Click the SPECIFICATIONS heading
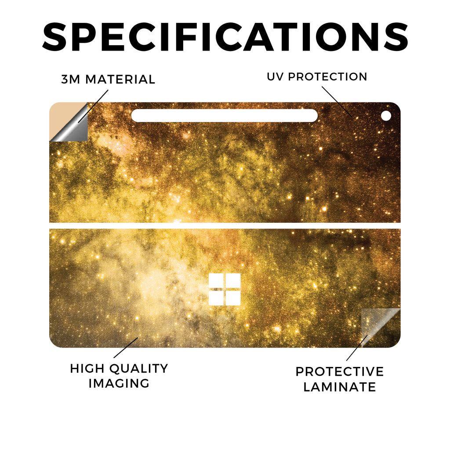coord(225,37)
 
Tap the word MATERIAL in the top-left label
coord(120,80)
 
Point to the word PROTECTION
coord(327,76)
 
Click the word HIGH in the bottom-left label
coord(88,369)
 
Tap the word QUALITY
coord(139,369)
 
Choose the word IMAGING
coord(119,383)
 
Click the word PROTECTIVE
coord(340,372)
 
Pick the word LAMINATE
coord(340,387)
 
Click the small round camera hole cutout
coord(386,116)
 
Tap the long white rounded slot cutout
coord(225,116)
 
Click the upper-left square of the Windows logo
coord(216,281)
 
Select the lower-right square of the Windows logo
coord(233,298)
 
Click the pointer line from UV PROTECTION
coord(337,102)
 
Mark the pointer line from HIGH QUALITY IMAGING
coord(126,348)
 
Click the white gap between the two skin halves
coord(225,225)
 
